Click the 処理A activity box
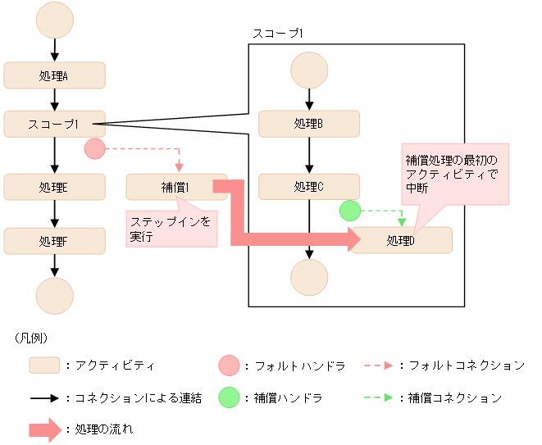[54, 75]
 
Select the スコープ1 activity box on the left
[54, 124]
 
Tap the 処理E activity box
[54, 186]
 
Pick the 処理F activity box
[54, 241]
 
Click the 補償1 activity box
[176, 187]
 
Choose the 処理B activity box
[309, 124]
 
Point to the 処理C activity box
[309, 186]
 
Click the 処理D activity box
[402, 240]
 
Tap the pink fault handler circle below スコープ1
[95, 149]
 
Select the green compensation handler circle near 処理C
[350, 211]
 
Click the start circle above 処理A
[54, 20]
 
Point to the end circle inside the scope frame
[309, 276]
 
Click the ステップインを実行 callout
[171, 228]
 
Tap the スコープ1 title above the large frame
[279, 33]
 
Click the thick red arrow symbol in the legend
[48, 429]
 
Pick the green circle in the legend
[230, 397]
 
